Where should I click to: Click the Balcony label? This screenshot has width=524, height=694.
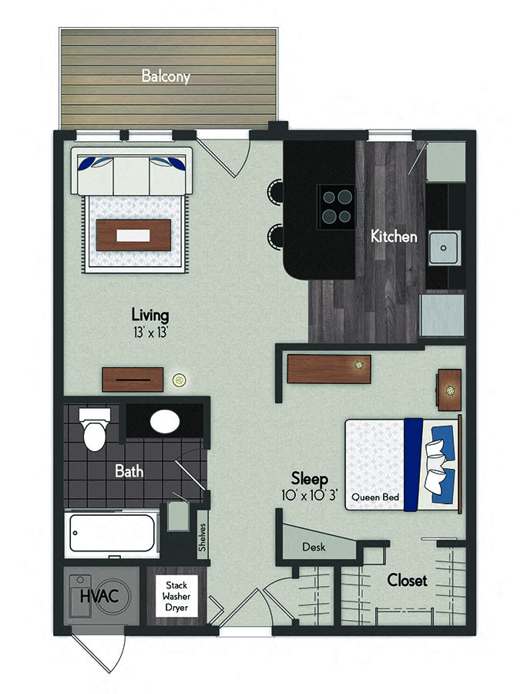165,76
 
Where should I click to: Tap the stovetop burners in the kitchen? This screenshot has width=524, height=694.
336,204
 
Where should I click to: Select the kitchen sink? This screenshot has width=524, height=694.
445,248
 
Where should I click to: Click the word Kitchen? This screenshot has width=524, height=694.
394,237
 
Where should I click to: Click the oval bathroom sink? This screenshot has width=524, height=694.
164,422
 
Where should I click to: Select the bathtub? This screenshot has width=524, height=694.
114,533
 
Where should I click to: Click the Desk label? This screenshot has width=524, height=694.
314,547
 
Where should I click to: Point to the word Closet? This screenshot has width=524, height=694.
407,581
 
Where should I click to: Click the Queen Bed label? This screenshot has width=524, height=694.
375,497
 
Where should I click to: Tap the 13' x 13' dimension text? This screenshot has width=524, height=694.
149,332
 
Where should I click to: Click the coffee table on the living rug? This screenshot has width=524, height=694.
134,234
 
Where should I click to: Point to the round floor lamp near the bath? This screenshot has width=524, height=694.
179,379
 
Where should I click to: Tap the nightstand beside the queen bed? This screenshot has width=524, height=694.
449,389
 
